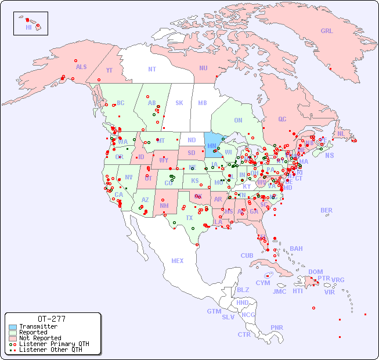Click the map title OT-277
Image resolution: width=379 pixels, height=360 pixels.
[x=51, y=319]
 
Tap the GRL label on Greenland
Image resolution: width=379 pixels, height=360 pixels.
[x=327, y=31]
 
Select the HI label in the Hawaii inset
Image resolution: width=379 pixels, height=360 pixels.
[x=28, y=27]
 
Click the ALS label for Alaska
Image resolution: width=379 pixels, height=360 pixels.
[x=81, y=67]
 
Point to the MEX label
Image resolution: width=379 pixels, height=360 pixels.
[x=178, y=261]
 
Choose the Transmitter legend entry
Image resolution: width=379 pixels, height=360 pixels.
[x=38, y=326]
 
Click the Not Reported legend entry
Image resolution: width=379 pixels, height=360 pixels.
[x=40, y=338]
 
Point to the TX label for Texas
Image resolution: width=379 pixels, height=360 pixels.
[x=189, y=218]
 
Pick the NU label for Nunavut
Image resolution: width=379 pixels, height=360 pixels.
[x=203, y=68]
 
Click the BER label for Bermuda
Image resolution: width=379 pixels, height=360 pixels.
[x=326, y=210]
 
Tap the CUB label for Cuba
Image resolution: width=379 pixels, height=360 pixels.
[x=247, y=255]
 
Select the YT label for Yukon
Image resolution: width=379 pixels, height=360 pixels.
[x=109, y=70]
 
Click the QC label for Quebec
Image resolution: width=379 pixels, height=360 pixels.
[x=282, y=119]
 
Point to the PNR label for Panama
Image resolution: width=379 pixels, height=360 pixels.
[x=277, y=327]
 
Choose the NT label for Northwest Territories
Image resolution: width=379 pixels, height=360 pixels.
[x=152, y=69]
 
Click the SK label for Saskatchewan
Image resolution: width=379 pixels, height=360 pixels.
[x=179, y=103]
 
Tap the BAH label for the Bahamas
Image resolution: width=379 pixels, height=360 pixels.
[x=296, y=249]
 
